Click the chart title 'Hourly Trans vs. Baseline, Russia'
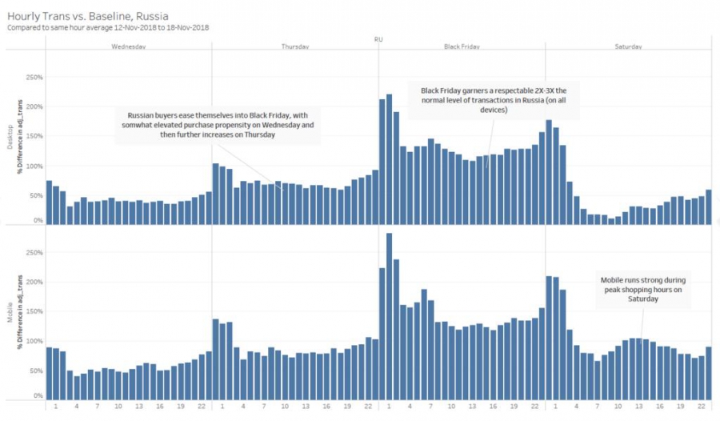[88, 14]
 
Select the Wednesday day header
[129, 47]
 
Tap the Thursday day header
[295, 47]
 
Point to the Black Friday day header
[462, 47]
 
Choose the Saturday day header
[628, 47]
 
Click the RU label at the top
[378, 38]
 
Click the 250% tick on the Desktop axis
[34, 78]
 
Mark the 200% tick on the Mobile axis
[34, 282]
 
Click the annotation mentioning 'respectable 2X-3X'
[494, 100]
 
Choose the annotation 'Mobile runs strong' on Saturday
[642, 289]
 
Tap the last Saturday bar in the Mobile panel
[709, 373]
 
